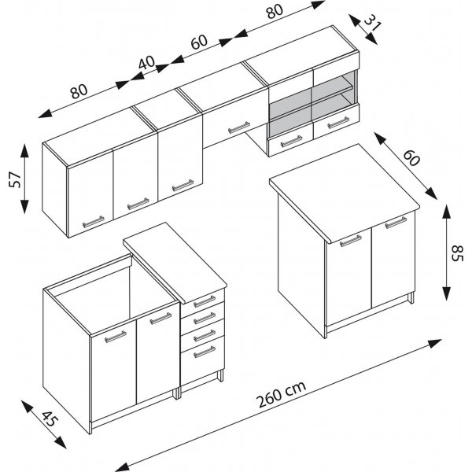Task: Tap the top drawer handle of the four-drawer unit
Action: point(204,300)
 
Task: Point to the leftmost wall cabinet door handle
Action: point(92,221)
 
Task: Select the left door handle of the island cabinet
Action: point(349,240)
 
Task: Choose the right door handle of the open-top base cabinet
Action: point(160,318)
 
